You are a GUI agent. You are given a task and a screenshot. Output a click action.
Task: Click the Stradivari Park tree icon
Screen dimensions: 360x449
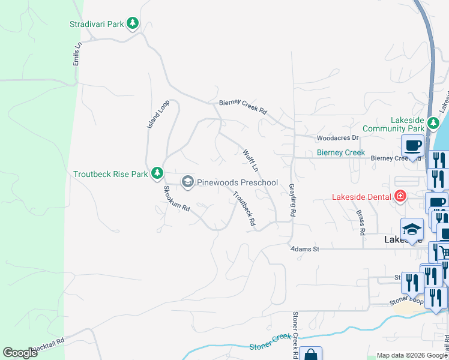(133, 24)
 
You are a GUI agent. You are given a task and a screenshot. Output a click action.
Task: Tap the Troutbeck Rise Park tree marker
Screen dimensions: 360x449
(157, 173)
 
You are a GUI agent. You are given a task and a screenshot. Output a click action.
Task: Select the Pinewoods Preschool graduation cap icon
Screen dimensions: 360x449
(187, 182)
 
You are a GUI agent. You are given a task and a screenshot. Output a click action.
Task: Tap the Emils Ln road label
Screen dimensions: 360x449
(76, 58)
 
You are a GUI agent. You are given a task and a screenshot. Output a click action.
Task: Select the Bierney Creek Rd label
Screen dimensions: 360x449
(243, 106)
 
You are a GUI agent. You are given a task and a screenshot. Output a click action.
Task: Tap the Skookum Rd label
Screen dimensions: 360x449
(176, 199)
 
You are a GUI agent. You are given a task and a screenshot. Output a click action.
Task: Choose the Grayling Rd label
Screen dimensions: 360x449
(293, 200)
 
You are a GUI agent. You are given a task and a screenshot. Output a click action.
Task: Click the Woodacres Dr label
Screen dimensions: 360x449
(337, 138)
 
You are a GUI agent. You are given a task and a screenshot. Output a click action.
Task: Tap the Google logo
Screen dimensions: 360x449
(20, 353)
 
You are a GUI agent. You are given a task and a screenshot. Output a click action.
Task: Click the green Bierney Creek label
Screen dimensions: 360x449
(341, 152)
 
